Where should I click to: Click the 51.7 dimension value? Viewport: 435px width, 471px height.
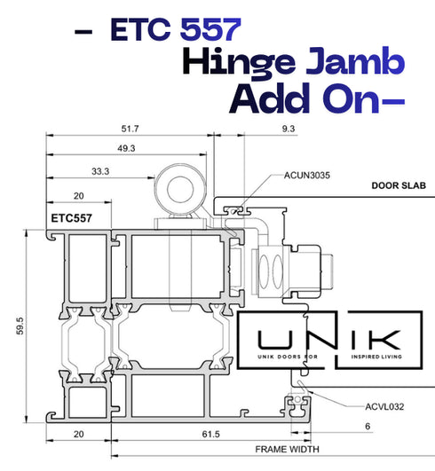point(130,129)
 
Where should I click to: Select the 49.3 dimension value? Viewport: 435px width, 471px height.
point(126,148)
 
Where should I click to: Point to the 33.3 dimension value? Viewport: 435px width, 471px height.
point(100,171)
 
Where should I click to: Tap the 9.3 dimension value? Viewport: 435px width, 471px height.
point(289,129)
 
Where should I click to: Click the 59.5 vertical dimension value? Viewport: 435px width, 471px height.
point(20,326)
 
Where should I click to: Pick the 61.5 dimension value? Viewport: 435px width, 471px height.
point(210,434)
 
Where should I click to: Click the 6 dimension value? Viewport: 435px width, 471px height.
point(368,427)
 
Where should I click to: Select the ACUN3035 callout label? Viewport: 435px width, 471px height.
point(307,175)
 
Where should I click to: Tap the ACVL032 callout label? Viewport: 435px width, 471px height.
point(384,407)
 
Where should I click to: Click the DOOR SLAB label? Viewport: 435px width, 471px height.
point(399,185)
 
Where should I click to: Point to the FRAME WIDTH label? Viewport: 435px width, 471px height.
point(287,450)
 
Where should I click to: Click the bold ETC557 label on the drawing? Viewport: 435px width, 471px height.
point(72,218)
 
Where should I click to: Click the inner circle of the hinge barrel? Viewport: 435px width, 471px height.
point(180,189)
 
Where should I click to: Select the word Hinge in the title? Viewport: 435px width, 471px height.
point(239,62)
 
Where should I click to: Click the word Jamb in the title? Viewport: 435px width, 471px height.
point(355,60)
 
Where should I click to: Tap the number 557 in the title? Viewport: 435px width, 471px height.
point(210,29)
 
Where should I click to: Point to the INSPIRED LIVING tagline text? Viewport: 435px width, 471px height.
point(376,357)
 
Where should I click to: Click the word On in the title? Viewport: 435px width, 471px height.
point(351,98)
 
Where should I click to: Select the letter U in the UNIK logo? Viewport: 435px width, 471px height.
point(274,340)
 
